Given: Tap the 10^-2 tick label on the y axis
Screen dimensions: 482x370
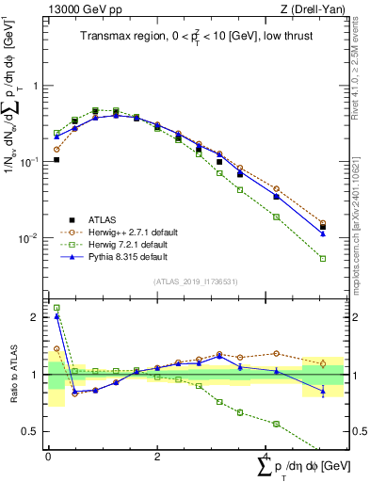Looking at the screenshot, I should click(27, 239).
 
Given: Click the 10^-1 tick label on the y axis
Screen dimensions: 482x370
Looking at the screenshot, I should click(27, 162).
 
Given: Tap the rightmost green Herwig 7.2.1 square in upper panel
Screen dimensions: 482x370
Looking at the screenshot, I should click(323, 258).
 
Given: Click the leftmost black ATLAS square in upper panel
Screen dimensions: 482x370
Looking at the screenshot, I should click(56, 159).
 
